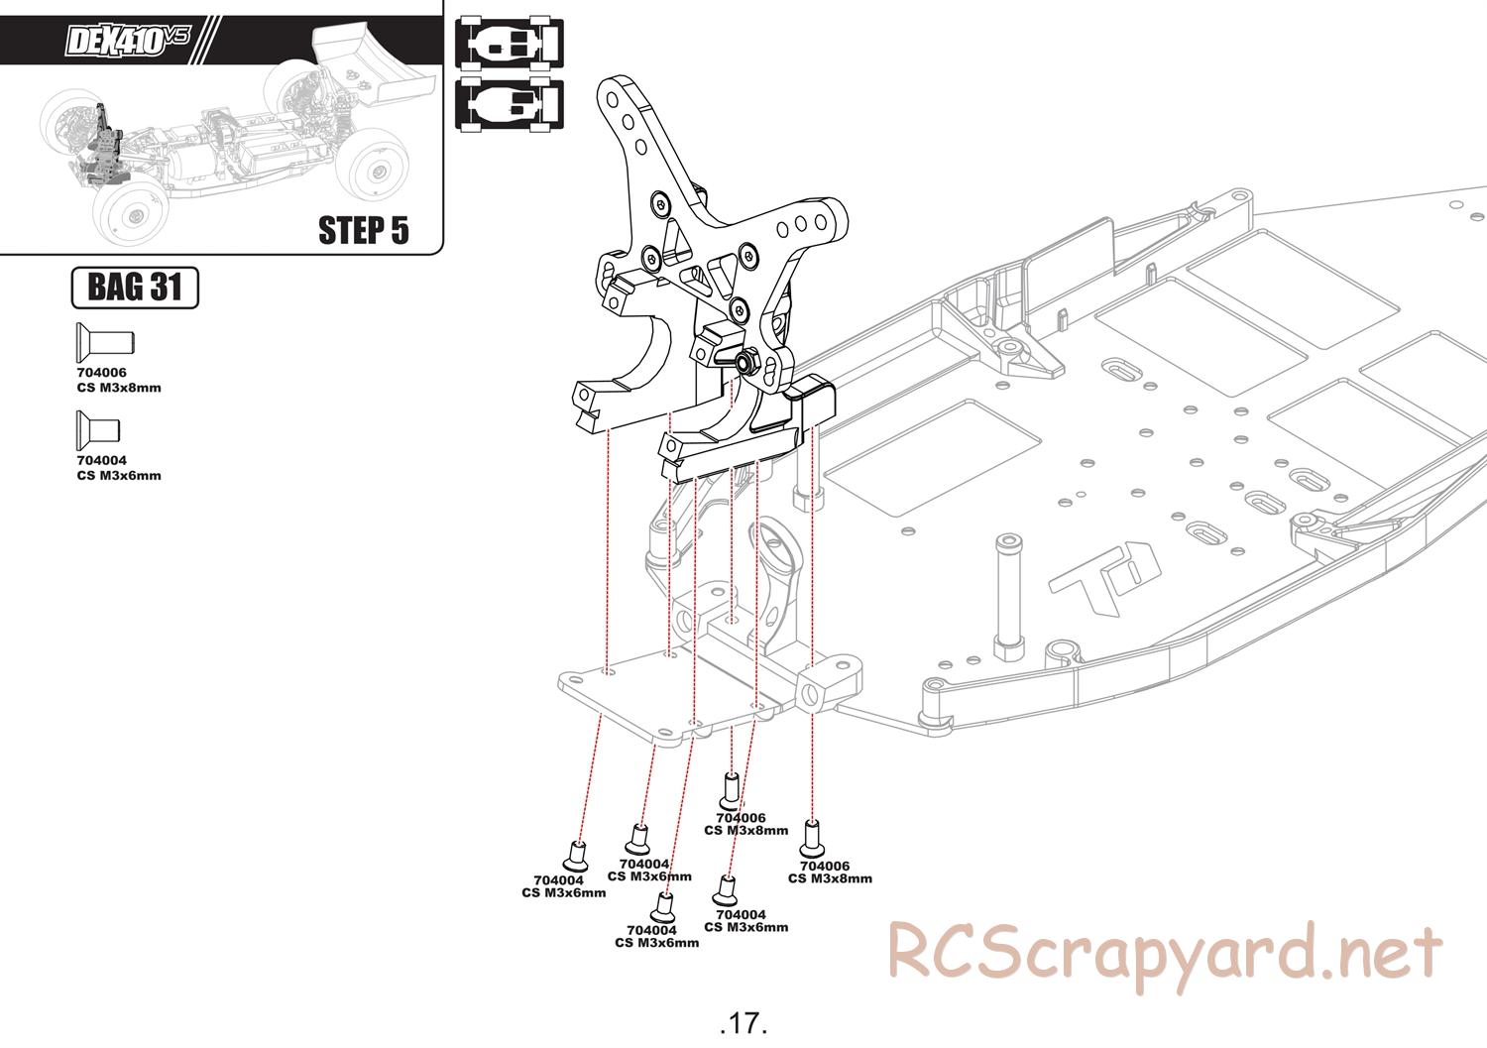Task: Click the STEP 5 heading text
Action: tap(363, 230)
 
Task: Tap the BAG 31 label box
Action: tap(135, 288)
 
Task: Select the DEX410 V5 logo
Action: tap(127, 40)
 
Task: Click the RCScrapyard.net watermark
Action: tap(1165, 954)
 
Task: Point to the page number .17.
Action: tap(743, 1023)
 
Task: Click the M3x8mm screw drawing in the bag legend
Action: tap(105, 343)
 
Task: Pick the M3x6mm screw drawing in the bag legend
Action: tap(97, 430)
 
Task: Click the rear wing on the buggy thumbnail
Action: tap(373, 65)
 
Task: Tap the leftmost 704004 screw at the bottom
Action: tap(576, 856)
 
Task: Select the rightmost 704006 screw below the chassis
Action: tap(811, 838)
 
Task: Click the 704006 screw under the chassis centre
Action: tap(731, 791)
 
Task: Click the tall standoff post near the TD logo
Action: tap(1009, 597)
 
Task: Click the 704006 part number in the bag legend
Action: tap(101, 373)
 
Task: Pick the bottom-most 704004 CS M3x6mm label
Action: tap(656, 936)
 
